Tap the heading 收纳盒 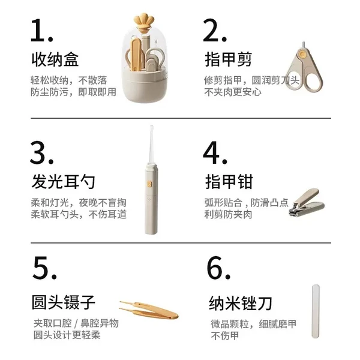coord(55,59)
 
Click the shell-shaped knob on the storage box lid coord(144,22)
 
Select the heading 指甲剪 coord(229,59)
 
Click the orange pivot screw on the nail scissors coord(303,55)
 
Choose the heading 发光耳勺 coord(63,181)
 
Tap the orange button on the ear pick coord(149,184)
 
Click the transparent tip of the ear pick coord(152,145)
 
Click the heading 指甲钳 coord(229,181)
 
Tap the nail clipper coord(307,203)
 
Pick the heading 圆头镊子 coord(64,302)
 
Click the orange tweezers coord(149,310)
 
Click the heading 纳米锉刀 coord(241,303)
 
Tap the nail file coord(316,311)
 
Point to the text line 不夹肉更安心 coord(233,92)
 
